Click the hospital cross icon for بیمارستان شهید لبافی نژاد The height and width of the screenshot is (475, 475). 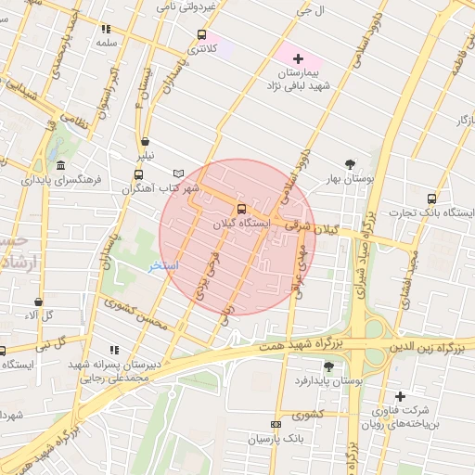[x=298, y=58]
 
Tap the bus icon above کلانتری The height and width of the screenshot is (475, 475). [x=201, y=35]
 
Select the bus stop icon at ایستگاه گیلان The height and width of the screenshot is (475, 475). [x=241, y=210]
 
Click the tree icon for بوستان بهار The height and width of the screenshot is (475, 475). [x=350, y=163]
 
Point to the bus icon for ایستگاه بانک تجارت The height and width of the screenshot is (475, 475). [x=431, y=199]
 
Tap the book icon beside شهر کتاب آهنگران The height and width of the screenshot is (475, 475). [x=179, y=173]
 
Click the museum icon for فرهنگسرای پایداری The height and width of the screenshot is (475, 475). [x=61, y=165]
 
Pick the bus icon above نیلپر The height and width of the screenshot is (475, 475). [x=145, y=142]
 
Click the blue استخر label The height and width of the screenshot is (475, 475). [x=164, y=266]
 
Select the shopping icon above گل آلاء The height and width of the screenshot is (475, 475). [x=38, y=302]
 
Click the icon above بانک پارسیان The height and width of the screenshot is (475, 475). [x=275, y=422]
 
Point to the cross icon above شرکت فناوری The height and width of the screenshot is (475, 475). [x=400, y=396]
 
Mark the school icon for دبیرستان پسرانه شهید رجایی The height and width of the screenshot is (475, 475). [x=114, y=350]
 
